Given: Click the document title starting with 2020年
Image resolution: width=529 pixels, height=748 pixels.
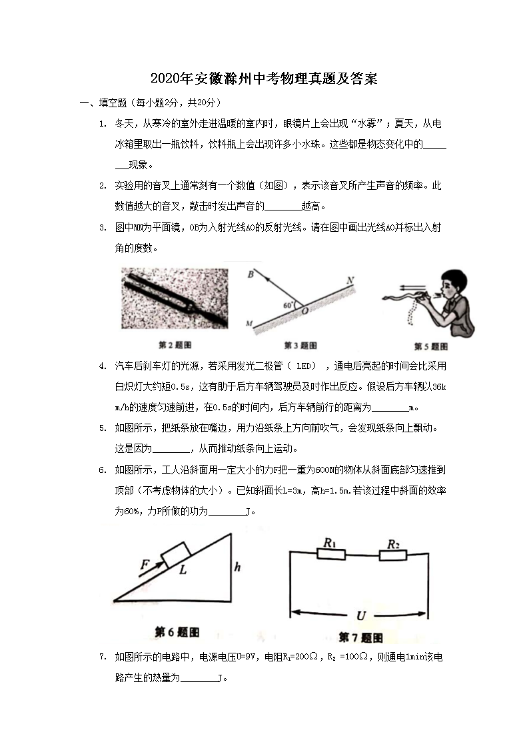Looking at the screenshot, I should [x=264, y=79].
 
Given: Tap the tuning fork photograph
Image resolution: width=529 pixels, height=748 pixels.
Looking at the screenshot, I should [x=175, y=298].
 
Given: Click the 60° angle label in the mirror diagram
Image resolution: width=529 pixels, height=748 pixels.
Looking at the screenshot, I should [x=288, y=304].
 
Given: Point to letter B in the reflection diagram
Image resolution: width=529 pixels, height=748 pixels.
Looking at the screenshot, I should [x=251, y=274].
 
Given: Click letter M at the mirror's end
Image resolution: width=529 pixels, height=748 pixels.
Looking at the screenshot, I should [x=249, y=324].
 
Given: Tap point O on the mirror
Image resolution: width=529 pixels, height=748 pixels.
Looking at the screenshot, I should [x=304, y=311].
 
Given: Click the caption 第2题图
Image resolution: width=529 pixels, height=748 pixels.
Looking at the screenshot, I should [x=175, y=345].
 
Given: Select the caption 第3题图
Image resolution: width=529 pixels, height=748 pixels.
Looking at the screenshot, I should [x=300, y=345].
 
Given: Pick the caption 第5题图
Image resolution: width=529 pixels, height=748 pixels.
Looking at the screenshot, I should [x=430, y=346].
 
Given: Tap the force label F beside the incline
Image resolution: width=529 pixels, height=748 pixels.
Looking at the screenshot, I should [x=145, y=565].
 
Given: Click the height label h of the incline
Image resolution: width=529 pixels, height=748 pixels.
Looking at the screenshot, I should [x=237, y=567].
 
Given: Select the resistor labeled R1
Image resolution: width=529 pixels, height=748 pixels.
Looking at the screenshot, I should [x=331, y=554].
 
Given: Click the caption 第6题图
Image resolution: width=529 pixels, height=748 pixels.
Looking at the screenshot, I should [x=177, y=631].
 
